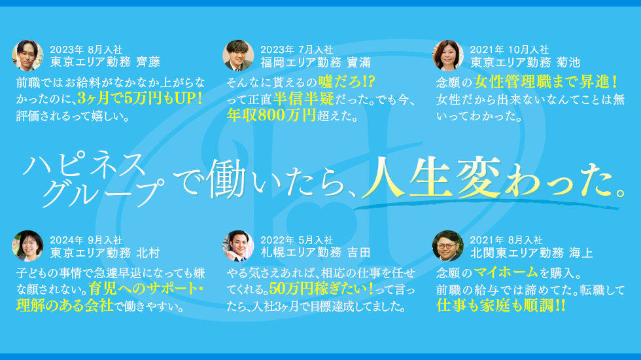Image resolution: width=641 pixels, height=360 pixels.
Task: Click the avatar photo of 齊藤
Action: coord(27,56)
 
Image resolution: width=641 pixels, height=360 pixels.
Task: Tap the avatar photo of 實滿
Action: coord(238,56)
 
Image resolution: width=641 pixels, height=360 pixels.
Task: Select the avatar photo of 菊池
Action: coord(448,56)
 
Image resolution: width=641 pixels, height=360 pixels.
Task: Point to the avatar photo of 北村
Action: coord(27,245)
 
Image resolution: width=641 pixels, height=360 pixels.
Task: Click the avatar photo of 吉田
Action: coord(238,245)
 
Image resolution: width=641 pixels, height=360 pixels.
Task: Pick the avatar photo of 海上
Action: coord(448,245)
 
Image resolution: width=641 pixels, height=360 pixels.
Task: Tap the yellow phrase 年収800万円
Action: coord(271,117)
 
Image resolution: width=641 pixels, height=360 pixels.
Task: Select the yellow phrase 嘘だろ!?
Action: coord(346,82)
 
